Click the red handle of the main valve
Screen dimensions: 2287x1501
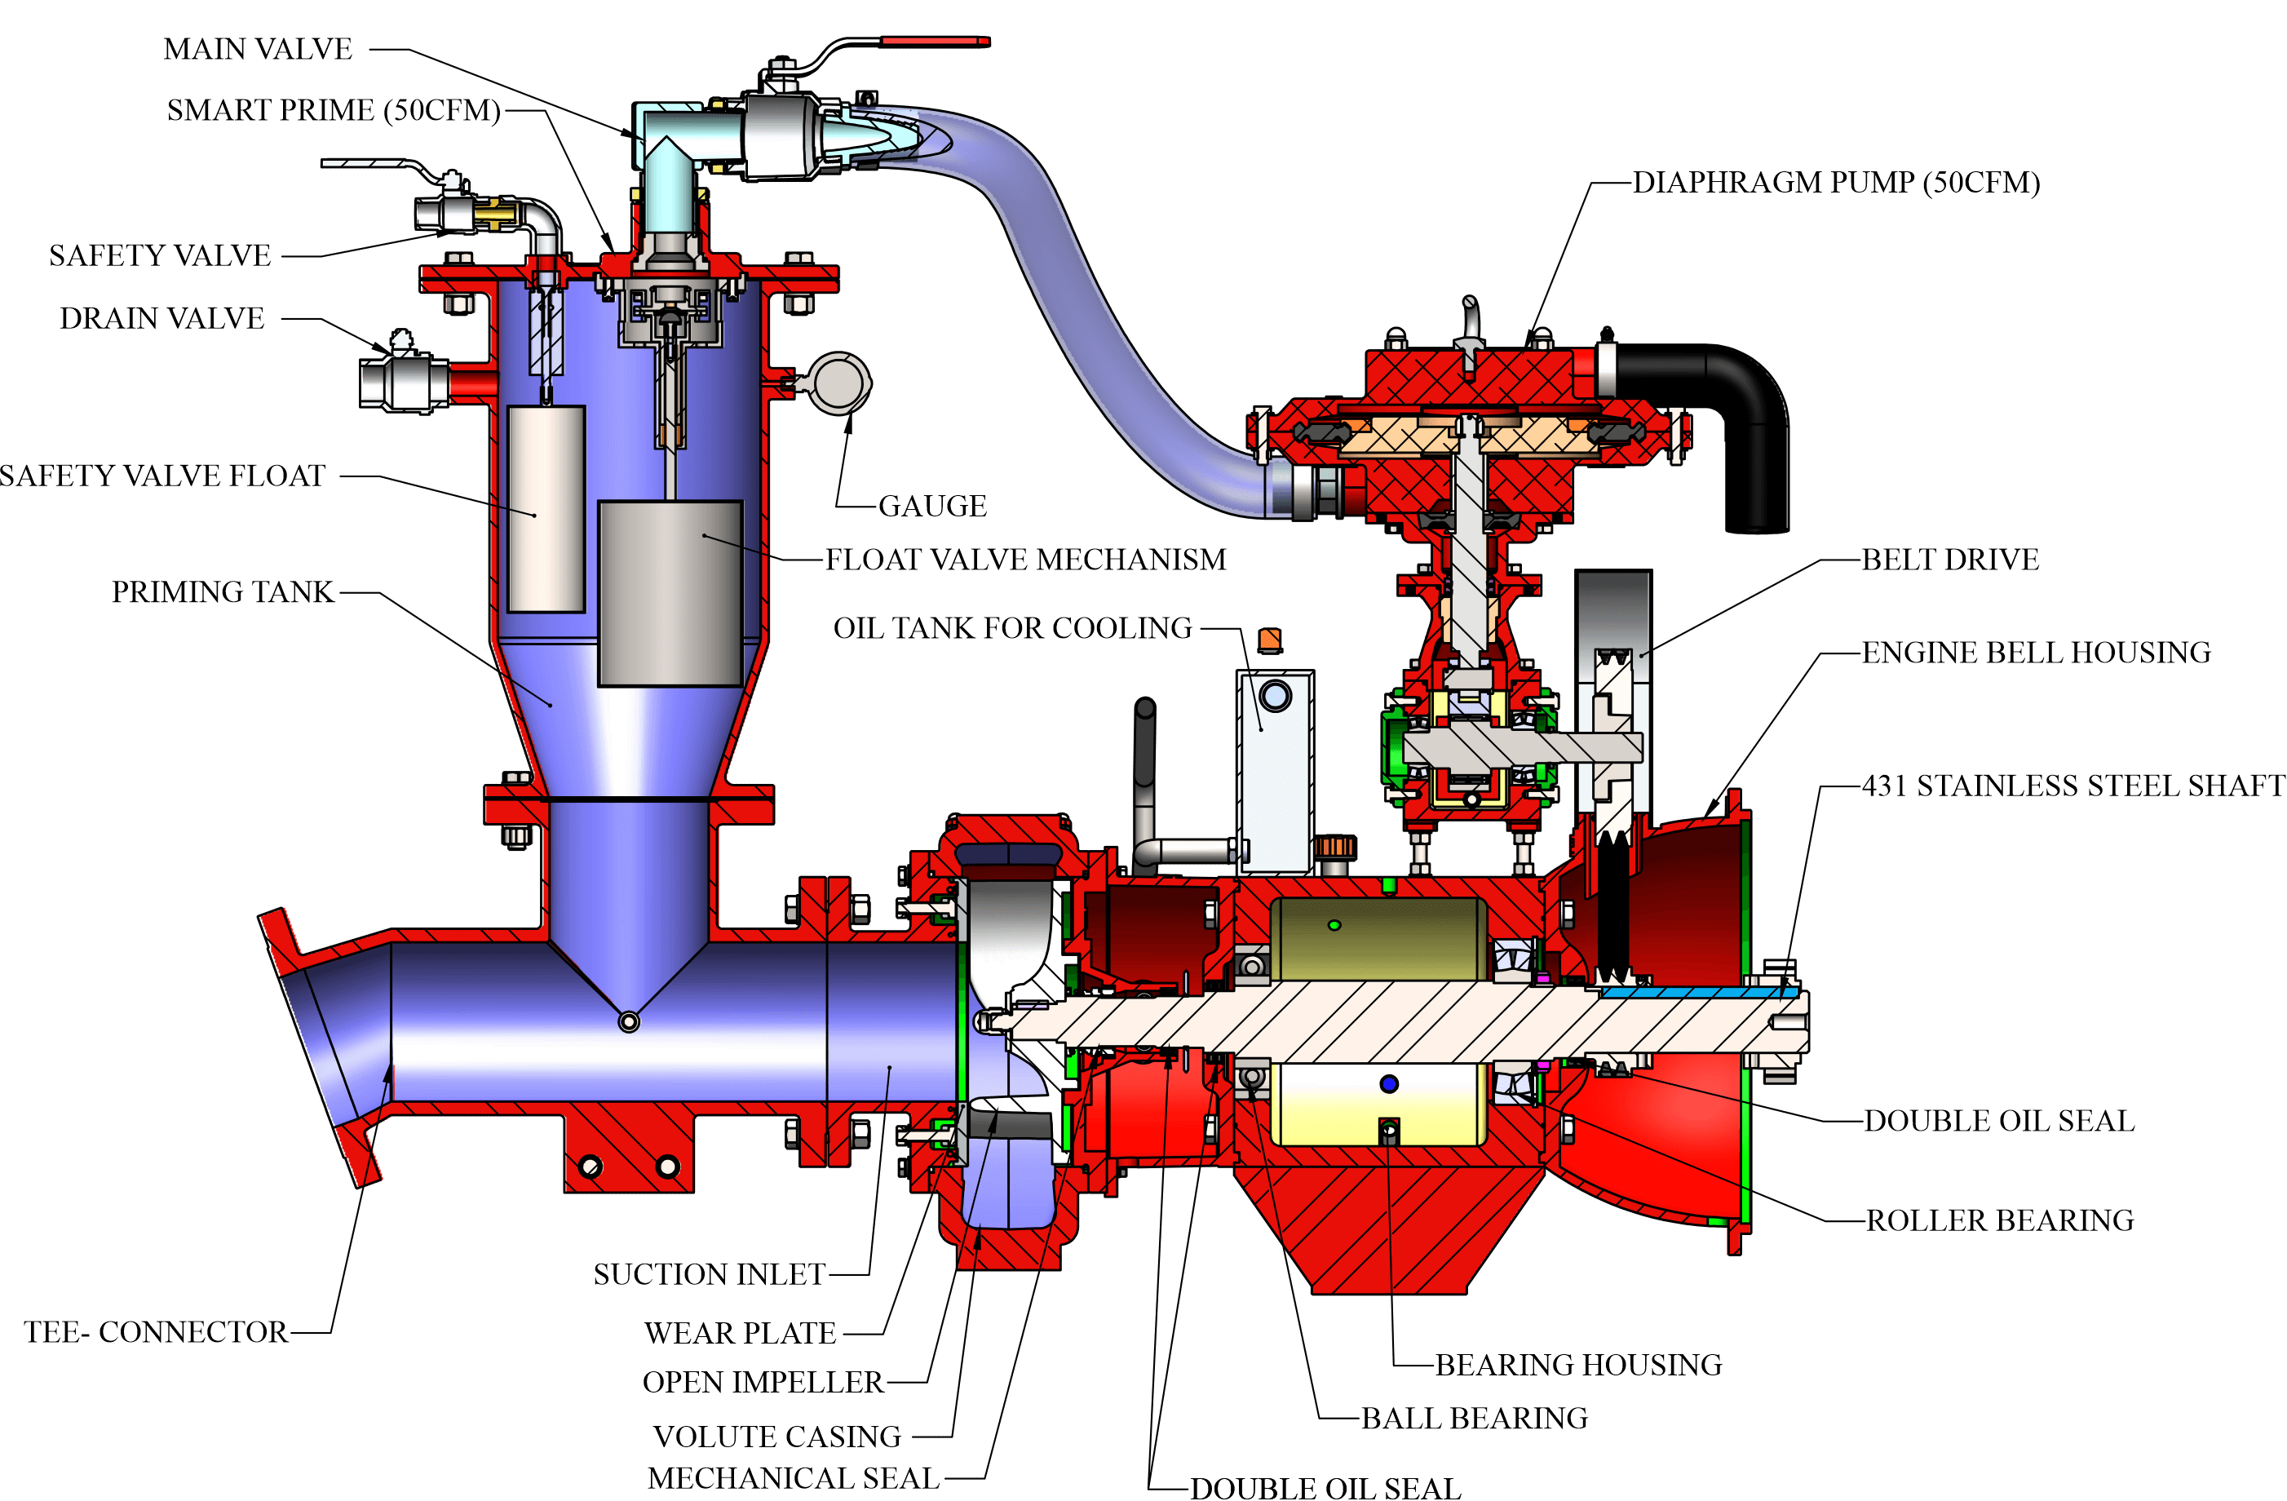(935, 42)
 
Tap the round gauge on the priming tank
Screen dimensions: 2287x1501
(841, 383)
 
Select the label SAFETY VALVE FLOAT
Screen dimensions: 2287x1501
(162, 476)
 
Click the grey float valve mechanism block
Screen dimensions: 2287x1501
(670, 593)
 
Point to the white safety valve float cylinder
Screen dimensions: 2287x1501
(546, 508)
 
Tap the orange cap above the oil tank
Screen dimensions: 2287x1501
(1269, 639)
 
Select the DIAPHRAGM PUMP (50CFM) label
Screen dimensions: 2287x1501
(1836, 182)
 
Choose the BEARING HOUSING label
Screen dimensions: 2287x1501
(1578, 1365)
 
